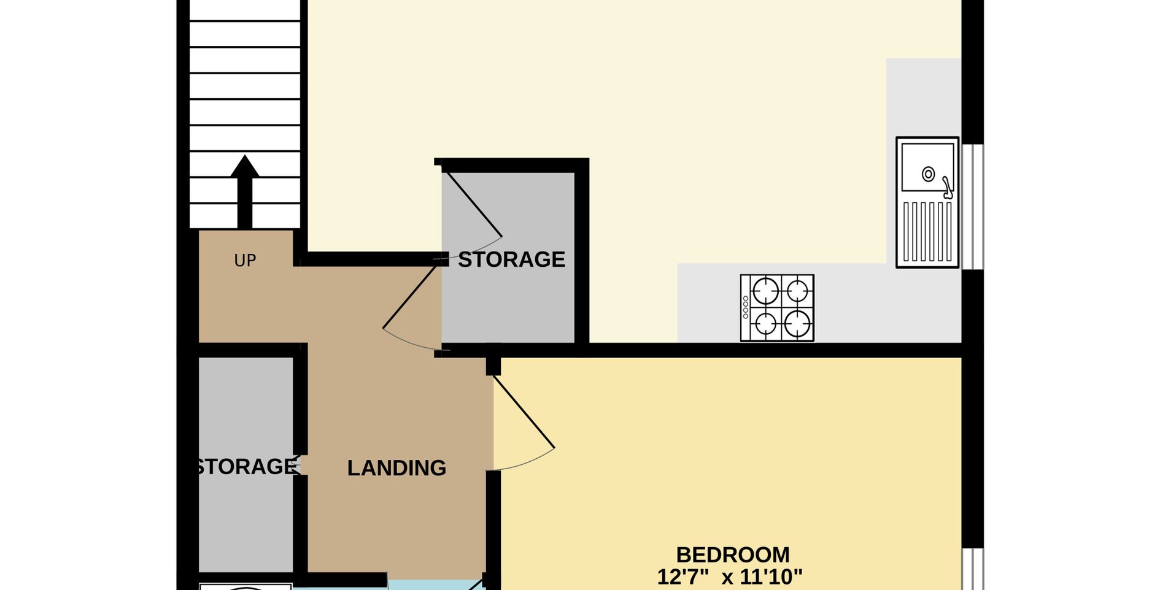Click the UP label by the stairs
pos(245,261)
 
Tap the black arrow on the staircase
pos(245,192)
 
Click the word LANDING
pos(396,468)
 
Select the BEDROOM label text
pos(733,554)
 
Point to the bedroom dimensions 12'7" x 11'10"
pos(730,577)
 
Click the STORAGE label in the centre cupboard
pos(511,259)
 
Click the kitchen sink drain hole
pos(929,174)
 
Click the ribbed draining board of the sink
pos(927,232)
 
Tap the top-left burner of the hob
pos(765,291)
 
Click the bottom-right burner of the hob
pos(797,323)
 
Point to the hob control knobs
pos(746,307)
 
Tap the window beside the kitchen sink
pos(972,207)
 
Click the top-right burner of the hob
pos(797,291)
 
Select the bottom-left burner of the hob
pos(765,323)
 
